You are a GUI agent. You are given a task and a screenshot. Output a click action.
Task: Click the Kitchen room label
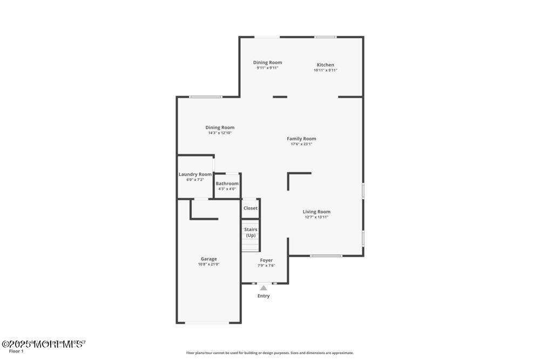[325, 65]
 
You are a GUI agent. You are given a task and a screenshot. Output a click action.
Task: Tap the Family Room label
[301, 139]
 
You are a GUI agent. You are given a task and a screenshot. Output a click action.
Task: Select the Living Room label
[316, 212]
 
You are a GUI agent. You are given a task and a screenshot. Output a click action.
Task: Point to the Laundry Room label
[195, 174]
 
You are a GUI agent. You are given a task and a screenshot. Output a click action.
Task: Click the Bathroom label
[227, 184]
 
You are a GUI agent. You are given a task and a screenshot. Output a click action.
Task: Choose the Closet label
[251, 208]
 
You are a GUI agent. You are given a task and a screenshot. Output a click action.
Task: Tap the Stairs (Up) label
[251, 232]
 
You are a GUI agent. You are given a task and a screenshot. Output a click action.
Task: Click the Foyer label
[266, 260]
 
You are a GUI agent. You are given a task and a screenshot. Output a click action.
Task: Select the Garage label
[209, 259]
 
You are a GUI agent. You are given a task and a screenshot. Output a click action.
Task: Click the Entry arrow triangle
[264, 288]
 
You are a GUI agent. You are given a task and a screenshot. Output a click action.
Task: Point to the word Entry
[264, 296]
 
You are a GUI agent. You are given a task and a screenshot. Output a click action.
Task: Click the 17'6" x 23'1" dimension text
[301, 144]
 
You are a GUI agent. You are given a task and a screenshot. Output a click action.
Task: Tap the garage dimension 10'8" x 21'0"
[209, 264]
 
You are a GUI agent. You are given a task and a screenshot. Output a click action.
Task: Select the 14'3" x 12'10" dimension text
[220, 133]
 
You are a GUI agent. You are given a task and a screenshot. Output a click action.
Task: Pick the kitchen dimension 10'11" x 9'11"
[325, 70]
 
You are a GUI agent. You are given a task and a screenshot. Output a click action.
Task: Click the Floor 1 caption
[16, 351]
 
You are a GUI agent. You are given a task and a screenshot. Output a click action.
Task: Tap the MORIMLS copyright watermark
[43, 343]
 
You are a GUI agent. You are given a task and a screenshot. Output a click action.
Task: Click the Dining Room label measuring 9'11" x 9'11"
[267, 63]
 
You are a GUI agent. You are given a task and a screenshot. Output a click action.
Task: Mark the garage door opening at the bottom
[208, 323]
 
